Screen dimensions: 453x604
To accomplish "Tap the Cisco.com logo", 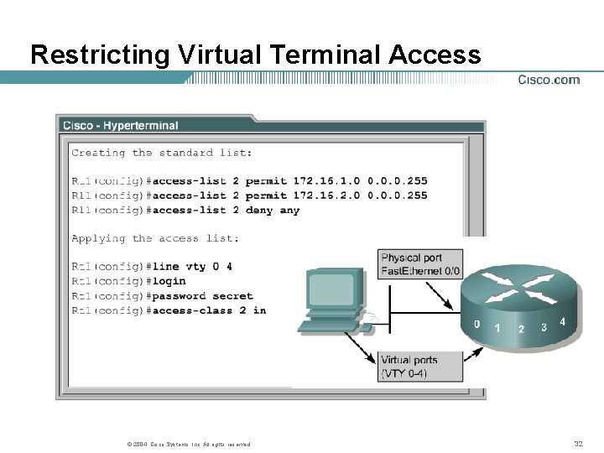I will tap(549, 81).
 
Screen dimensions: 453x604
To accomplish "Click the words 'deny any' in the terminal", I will tap(273, 211).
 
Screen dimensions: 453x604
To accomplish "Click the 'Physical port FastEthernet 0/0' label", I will tap(420, 264).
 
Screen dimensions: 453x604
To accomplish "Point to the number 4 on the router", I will tap(562, 321).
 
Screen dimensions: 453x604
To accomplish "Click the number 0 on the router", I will tap(476, 324).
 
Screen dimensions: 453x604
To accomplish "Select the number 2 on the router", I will tap(521, 329).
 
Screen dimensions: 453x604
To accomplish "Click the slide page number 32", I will tap(578, 444).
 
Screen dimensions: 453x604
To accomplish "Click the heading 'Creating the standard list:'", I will tap(162, 153).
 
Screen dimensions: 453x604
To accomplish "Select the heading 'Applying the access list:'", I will tap(155, 238).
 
